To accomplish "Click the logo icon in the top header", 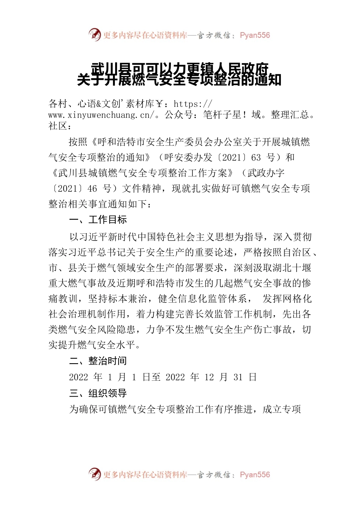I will tap(95, 35).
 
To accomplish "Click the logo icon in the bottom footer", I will tap(95, 474).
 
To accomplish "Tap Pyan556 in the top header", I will tap(255, 35).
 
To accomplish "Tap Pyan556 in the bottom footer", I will tap(255, 475).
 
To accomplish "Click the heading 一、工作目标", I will tap(98, 220).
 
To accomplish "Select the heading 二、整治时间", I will tap(98, 361).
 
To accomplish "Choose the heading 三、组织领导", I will tap(98, 393).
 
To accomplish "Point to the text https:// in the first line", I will tap(193, 104).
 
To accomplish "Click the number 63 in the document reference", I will tap(256, 158).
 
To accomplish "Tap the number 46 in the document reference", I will tap(92, 189).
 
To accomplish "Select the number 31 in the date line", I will tap(238, 377).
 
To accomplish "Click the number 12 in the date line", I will tap(209, 377).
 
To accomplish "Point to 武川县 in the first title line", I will tap(110, 69).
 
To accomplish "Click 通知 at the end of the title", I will tap(268, 80).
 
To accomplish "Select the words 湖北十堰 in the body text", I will tap(292, 268).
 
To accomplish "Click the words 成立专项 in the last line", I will tap(282, 409).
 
